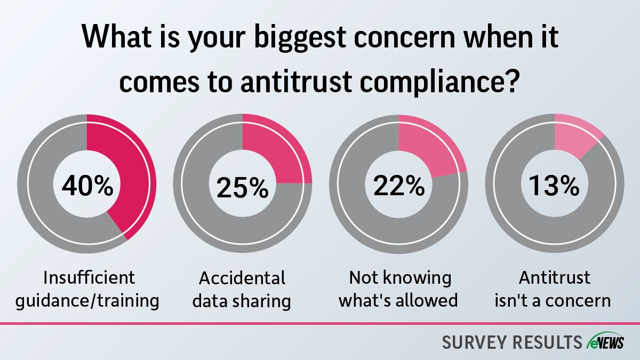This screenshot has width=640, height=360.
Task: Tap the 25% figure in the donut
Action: (x=243, y=187)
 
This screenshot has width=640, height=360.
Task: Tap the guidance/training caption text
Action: (x=87, y=300)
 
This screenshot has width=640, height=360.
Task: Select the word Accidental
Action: (x=242, y=278)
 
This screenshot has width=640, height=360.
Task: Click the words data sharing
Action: (x=242, y=300)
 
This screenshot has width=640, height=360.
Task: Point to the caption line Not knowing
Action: (x=399, y=278)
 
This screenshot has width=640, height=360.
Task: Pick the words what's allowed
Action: (x=398, y=300)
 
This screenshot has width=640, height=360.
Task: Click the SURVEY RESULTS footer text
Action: (x=512, y=342)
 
